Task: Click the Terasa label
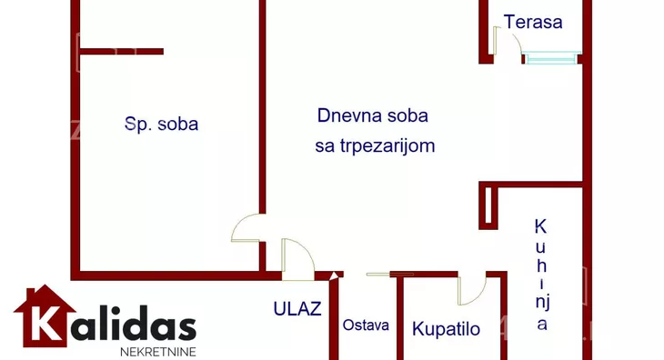tap(533, 23)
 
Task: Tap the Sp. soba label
tap(161, 125)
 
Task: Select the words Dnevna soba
tap(372, 115)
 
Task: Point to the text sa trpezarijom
tap(375, 145)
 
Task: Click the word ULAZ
tap(297, 308)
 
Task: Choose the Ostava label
tap(366, 325)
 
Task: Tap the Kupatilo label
tap(446, 329)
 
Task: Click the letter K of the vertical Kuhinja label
tap(540, 226)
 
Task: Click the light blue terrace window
tap(551, 58)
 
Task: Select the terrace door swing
tap(502, 42)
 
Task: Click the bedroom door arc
tap(247, 228)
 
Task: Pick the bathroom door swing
tap(472, 289)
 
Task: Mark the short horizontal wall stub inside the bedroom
tap(122, 52)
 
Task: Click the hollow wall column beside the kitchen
tap(488, 205)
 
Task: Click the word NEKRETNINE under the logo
tap(157, 350)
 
